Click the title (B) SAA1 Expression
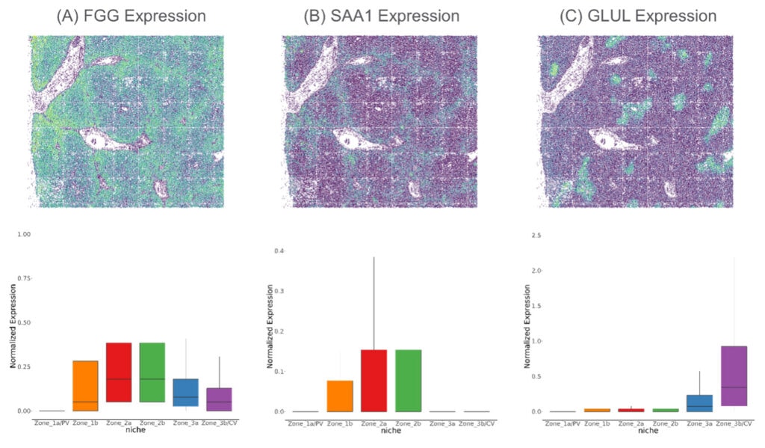click(382, 16)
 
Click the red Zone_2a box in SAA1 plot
click(374, 380)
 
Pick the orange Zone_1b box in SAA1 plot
click(340, 396)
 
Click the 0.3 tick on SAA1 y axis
click(279, 290)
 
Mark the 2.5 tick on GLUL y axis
click(536, 236)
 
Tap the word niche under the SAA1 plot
click(391, 431)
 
